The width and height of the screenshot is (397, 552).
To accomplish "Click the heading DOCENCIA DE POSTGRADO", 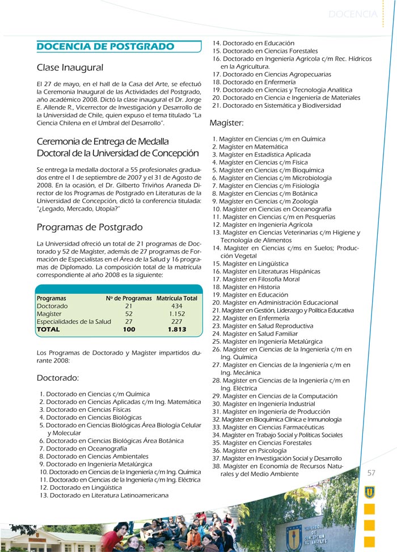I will click(105, 47).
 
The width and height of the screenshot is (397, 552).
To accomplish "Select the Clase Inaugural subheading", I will click(70, 68).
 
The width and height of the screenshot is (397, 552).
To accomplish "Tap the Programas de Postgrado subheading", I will click(90, 227).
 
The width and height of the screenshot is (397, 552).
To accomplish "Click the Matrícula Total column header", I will click(177, 298).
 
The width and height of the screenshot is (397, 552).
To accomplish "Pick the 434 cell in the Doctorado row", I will click(177, 306).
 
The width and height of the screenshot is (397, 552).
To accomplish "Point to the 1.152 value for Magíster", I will click(177, 314).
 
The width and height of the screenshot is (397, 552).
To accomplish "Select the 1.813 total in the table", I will click(177, 329).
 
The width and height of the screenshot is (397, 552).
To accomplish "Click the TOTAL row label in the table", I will click(48, 329).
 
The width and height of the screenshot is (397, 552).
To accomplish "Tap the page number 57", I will click(371, 473).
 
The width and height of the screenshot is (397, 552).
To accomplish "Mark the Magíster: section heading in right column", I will click(227, 123).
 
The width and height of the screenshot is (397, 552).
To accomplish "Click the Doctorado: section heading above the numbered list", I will click(58, 377).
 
